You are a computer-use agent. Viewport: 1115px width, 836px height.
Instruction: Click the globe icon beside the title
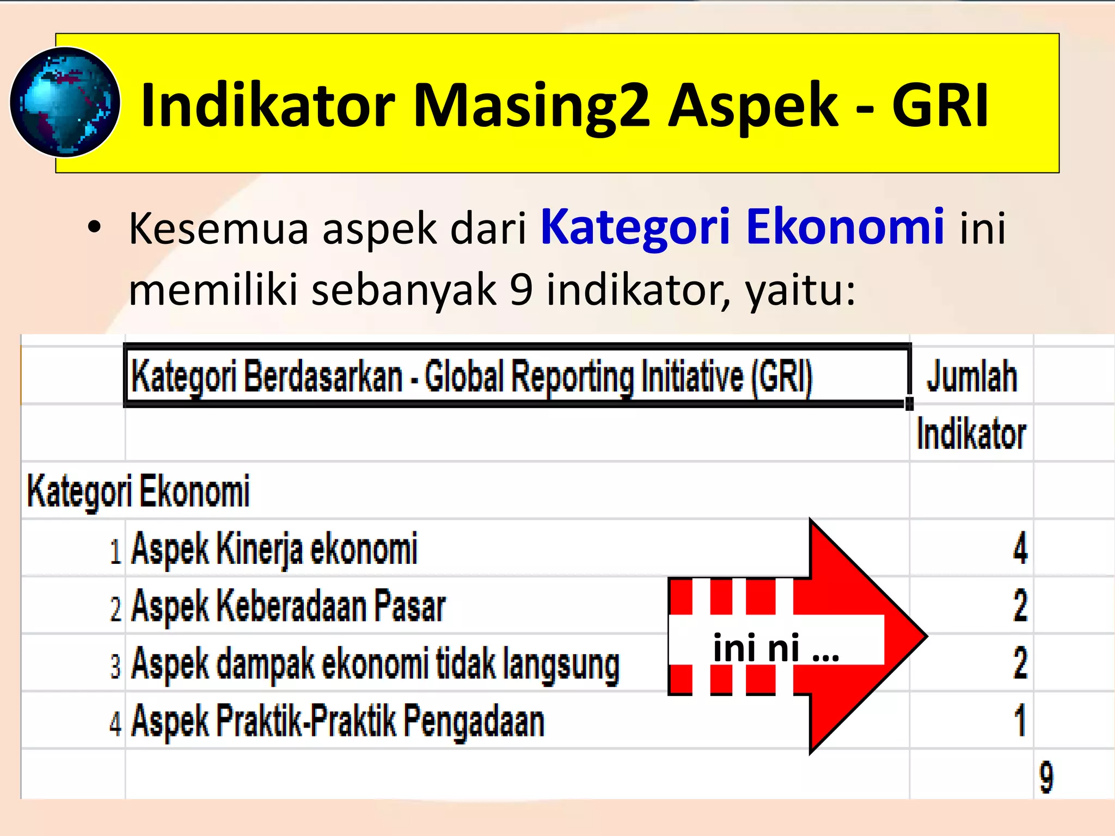[65, 102]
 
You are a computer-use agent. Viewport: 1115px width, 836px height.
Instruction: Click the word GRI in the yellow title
[940, 105]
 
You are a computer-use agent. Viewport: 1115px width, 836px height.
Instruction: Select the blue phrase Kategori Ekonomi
[742, 226]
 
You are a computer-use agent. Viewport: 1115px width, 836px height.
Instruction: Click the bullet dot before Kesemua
[95, 228]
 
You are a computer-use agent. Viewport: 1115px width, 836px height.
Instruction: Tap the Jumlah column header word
[972, 376]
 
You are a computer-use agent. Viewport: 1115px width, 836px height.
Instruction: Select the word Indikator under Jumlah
[972, 434]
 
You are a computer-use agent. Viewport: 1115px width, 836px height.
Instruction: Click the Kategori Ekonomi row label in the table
[138, 491]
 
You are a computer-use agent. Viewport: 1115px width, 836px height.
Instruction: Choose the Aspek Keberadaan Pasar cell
[289, 606]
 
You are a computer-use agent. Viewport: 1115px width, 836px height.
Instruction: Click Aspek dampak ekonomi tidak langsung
[376, 663]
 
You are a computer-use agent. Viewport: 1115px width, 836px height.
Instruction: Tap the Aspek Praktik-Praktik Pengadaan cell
[338, 721]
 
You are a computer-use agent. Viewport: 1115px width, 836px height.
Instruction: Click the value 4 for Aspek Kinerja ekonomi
[1020, 548]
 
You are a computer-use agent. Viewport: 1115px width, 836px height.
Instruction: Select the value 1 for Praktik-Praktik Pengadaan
[1020, 721]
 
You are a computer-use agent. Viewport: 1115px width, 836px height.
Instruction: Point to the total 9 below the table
[1046, 777]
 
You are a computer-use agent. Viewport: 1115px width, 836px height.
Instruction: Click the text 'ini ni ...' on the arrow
[776, 648]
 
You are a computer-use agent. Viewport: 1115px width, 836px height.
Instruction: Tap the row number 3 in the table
[115, 666]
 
